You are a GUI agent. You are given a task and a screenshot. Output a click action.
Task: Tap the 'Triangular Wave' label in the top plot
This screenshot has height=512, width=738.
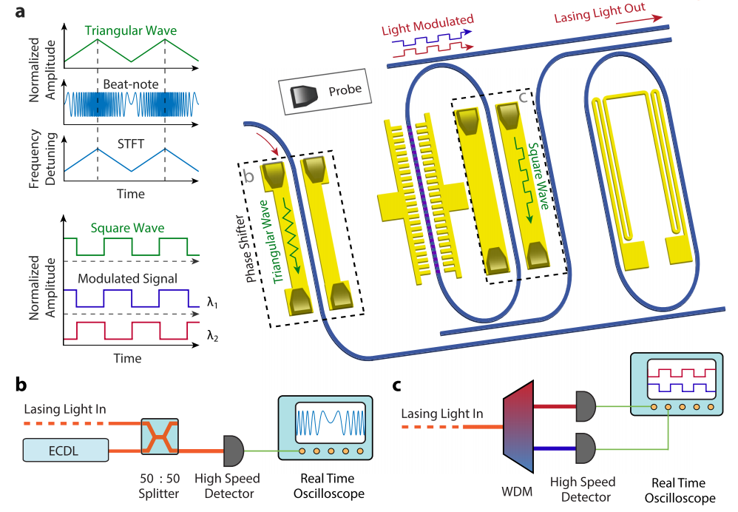coord(129,31)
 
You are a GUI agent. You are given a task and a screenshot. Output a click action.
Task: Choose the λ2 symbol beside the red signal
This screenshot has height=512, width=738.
coord(213,337)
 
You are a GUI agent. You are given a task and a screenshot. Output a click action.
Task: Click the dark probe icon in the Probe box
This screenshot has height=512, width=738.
coord(304,93)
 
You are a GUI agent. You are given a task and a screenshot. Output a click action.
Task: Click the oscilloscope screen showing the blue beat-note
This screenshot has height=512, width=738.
coord(331,423)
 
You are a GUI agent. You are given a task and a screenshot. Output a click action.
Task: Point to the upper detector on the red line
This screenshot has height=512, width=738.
coord(584,405)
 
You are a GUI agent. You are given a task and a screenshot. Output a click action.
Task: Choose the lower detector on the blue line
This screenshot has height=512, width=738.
coord(584,447)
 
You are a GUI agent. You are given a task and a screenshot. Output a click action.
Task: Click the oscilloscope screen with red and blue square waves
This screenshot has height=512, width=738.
coord(681,377)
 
